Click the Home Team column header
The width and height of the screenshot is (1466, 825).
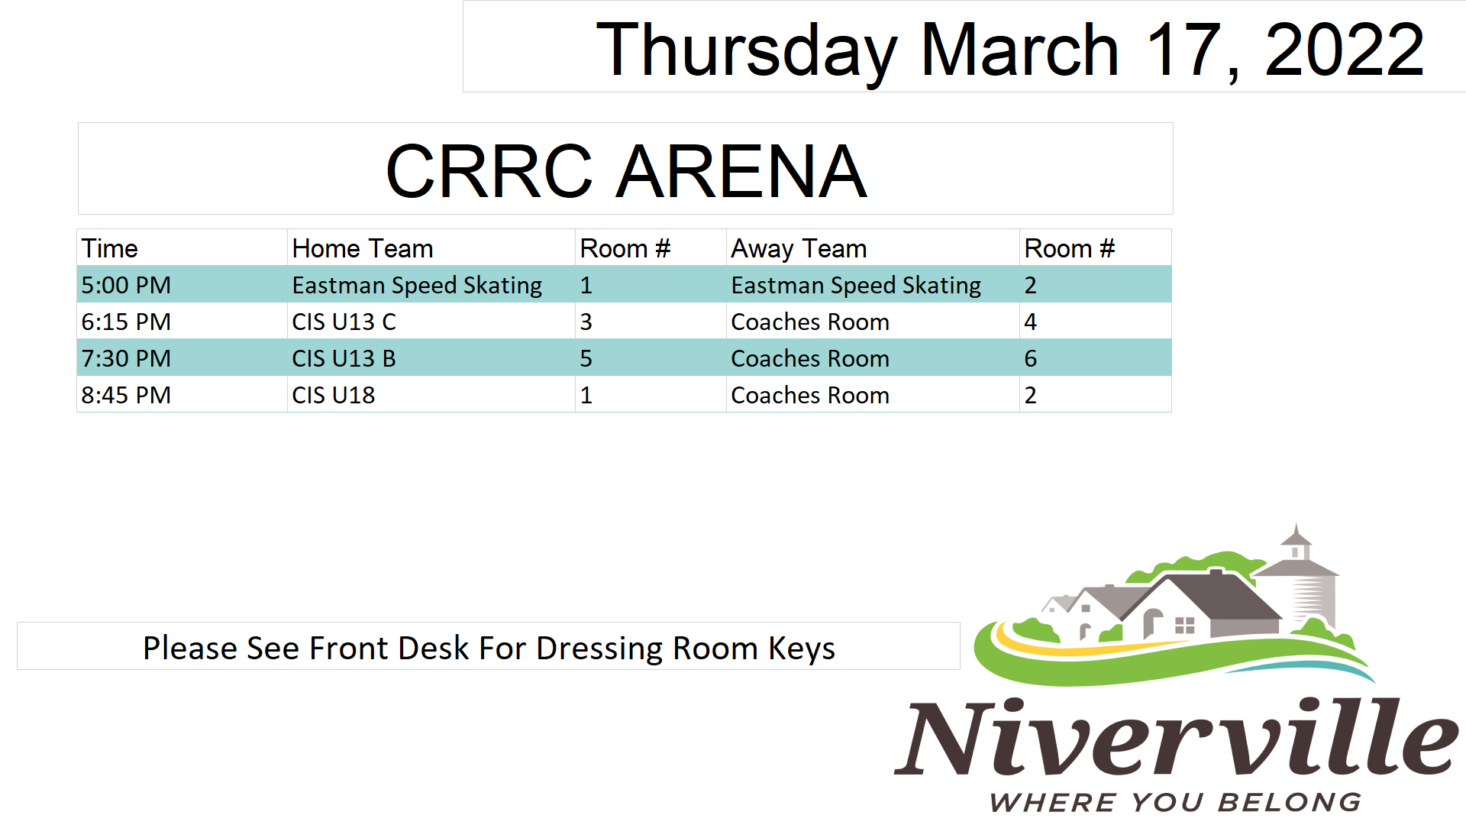pos(362,248)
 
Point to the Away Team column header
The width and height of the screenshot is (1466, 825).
pos(799,248)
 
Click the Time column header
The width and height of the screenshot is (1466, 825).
pos(109,248)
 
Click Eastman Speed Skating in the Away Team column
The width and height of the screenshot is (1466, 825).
pos(856,285)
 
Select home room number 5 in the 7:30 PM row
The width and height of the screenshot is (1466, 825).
pos(586,358)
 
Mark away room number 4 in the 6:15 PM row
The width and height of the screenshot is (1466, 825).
pos(1030,322)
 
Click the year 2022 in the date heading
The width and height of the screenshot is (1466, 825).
pos(1344,50)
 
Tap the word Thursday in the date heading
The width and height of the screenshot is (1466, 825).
pos(746,51)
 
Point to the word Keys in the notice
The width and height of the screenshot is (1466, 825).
pos(802,649)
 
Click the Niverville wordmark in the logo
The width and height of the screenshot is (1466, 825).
pos(1177,736)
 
